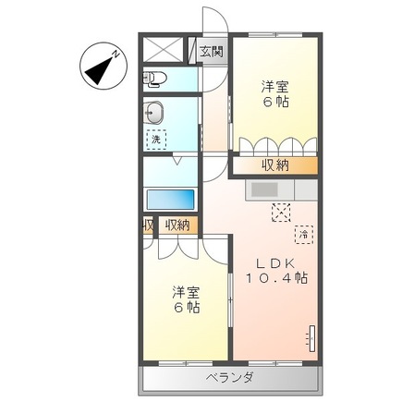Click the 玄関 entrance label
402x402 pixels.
point(211,52)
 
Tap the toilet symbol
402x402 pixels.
point(154,79)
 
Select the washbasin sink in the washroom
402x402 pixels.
point(154,113)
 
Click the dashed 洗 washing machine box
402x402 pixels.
point(156,140)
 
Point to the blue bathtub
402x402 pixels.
point(170,200)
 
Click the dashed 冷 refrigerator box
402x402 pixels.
point(304,235)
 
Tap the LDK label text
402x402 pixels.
point(276,263)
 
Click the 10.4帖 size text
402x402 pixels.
point(276,278)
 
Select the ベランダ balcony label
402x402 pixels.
point(230,377)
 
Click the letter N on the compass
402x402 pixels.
point(116,55)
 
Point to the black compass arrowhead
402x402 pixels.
point(98,70)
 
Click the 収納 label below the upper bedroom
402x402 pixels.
point(275,165)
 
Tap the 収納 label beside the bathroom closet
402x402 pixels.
point(177,225)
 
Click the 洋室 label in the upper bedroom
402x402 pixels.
point(275,87)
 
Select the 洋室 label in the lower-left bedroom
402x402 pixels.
point(186,293)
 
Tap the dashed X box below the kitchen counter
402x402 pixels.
point(281,213)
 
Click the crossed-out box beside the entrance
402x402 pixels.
point(162,50)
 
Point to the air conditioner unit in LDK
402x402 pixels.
point(312,338)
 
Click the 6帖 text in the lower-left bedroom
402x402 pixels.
point(187,307)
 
